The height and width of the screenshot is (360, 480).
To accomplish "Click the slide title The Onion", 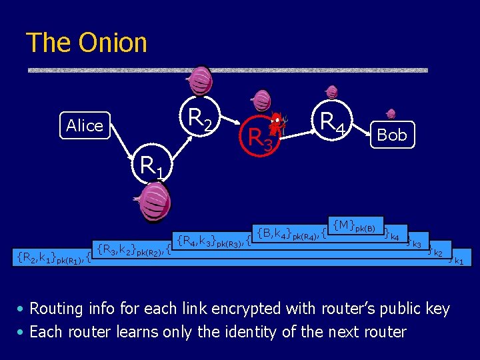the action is pyautogui.click(x=86, y=43).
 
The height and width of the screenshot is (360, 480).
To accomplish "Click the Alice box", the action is pyautogui.click(x=85, y=125).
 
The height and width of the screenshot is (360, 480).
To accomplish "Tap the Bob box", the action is pyautogui.click(x=391, y=135).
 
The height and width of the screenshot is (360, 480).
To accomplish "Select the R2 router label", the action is pyautogui.click(x=200, y=119).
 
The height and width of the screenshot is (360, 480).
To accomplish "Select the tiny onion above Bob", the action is pyautogui.click(x=391, y=113).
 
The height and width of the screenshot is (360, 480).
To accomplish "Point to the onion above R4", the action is pyautogui.click(x=331, y=92).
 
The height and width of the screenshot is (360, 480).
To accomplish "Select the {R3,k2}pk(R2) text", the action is pyautogui.click(x=131, y=251).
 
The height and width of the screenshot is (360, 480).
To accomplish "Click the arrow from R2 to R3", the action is pyautogui.click(x=230, y=121).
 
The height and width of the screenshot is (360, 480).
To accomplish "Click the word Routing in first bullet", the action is pyautogui.click(x=57, y=309).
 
